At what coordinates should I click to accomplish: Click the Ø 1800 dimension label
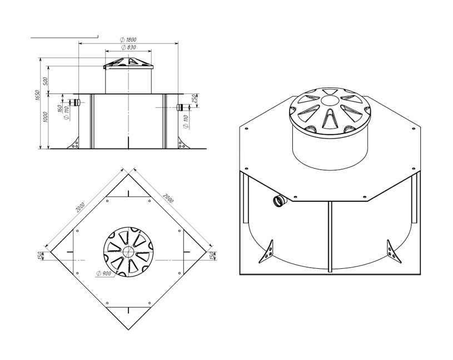(128, 40)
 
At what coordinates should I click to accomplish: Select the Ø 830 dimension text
(128, 47)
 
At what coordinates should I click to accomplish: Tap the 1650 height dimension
(37, 95)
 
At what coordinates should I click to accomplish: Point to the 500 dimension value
(46, 81)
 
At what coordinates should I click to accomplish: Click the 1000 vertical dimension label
(45, 117)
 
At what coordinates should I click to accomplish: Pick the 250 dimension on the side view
(195, 99)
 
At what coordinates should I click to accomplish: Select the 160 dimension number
(59, 109)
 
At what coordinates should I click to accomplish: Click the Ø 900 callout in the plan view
(104, 273)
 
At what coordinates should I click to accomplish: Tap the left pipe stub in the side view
(77, 102)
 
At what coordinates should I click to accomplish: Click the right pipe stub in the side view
(180, 107)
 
